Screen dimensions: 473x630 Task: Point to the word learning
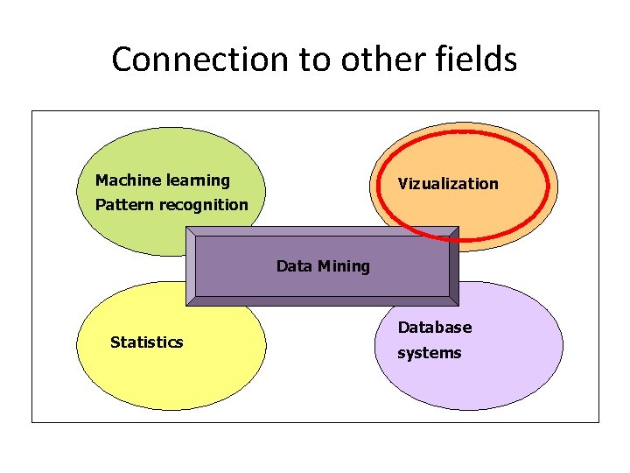click(x=199, y=180)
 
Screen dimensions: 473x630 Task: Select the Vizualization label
click(x=448, y=184)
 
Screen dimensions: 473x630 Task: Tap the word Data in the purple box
click(x=294, y=266)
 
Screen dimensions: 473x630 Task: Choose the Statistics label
click(x=147, y=342)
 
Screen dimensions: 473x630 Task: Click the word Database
click(x=435, y=328)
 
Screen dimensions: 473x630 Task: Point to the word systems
click(x=430, y=353)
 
